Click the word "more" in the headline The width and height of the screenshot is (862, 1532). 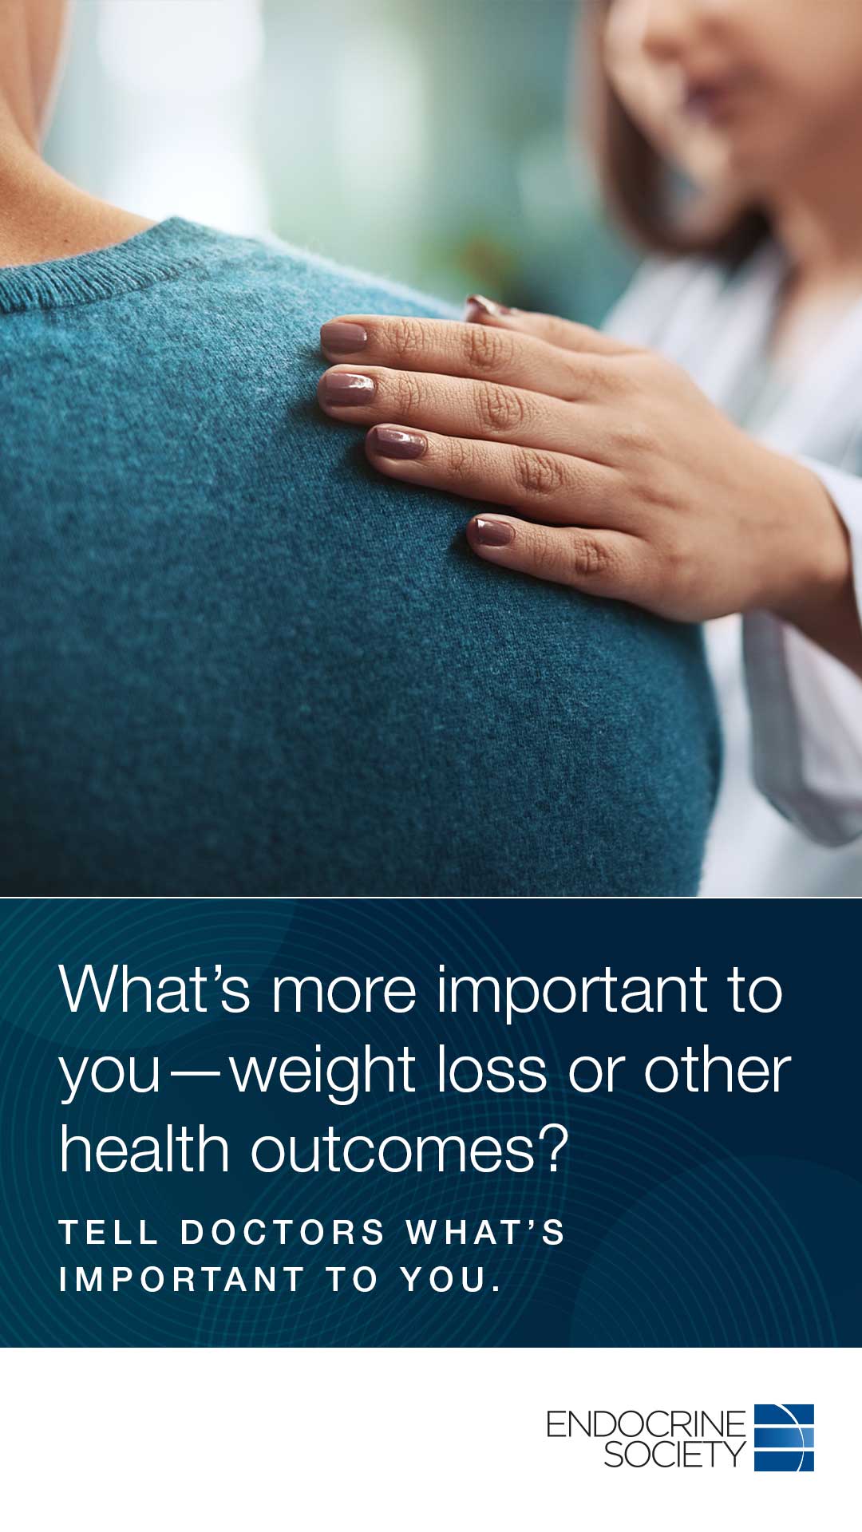pos(344,993)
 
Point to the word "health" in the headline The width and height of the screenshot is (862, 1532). pos(144,1149)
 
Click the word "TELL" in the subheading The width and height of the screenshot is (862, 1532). pos(109,1233)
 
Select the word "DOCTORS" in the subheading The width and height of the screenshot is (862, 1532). pos(283,1233)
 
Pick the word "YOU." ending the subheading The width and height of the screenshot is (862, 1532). pos(451,1280)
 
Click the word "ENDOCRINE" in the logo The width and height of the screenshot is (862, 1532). pos(646,1424)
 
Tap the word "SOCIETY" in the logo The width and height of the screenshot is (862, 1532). pos(674,1456)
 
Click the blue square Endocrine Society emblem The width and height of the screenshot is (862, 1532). pos(784,1438)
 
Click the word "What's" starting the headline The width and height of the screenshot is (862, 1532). pos(155,989)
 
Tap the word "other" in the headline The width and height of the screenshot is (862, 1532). pos(717,1070)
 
